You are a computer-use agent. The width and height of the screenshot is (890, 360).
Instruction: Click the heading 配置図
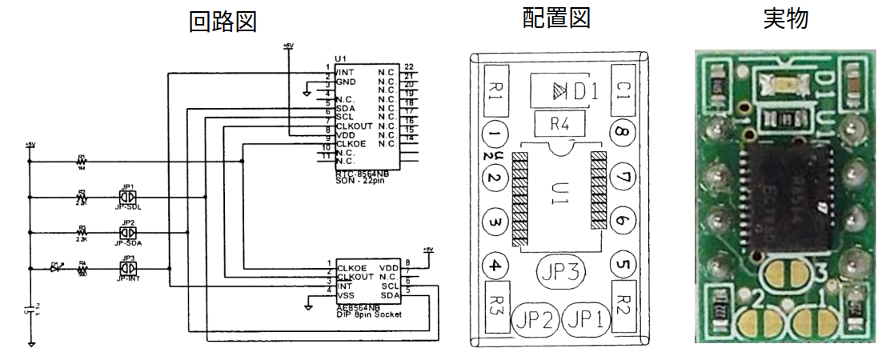556,18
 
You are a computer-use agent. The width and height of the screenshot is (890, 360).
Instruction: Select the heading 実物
786,18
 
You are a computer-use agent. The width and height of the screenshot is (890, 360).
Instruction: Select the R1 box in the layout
494,90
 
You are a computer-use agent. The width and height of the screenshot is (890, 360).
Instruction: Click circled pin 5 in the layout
622,264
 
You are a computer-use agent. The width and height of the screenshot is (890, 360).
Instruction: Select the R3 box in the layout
494,306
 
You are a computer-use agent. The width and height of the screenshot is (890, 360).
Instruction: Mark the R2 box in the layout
622,306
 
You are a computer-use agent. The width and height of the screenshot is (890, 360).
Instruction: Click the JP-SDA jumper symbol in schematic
127,233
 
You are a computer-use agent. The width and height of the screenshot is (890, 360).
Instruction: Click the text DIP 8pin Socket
369,314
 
